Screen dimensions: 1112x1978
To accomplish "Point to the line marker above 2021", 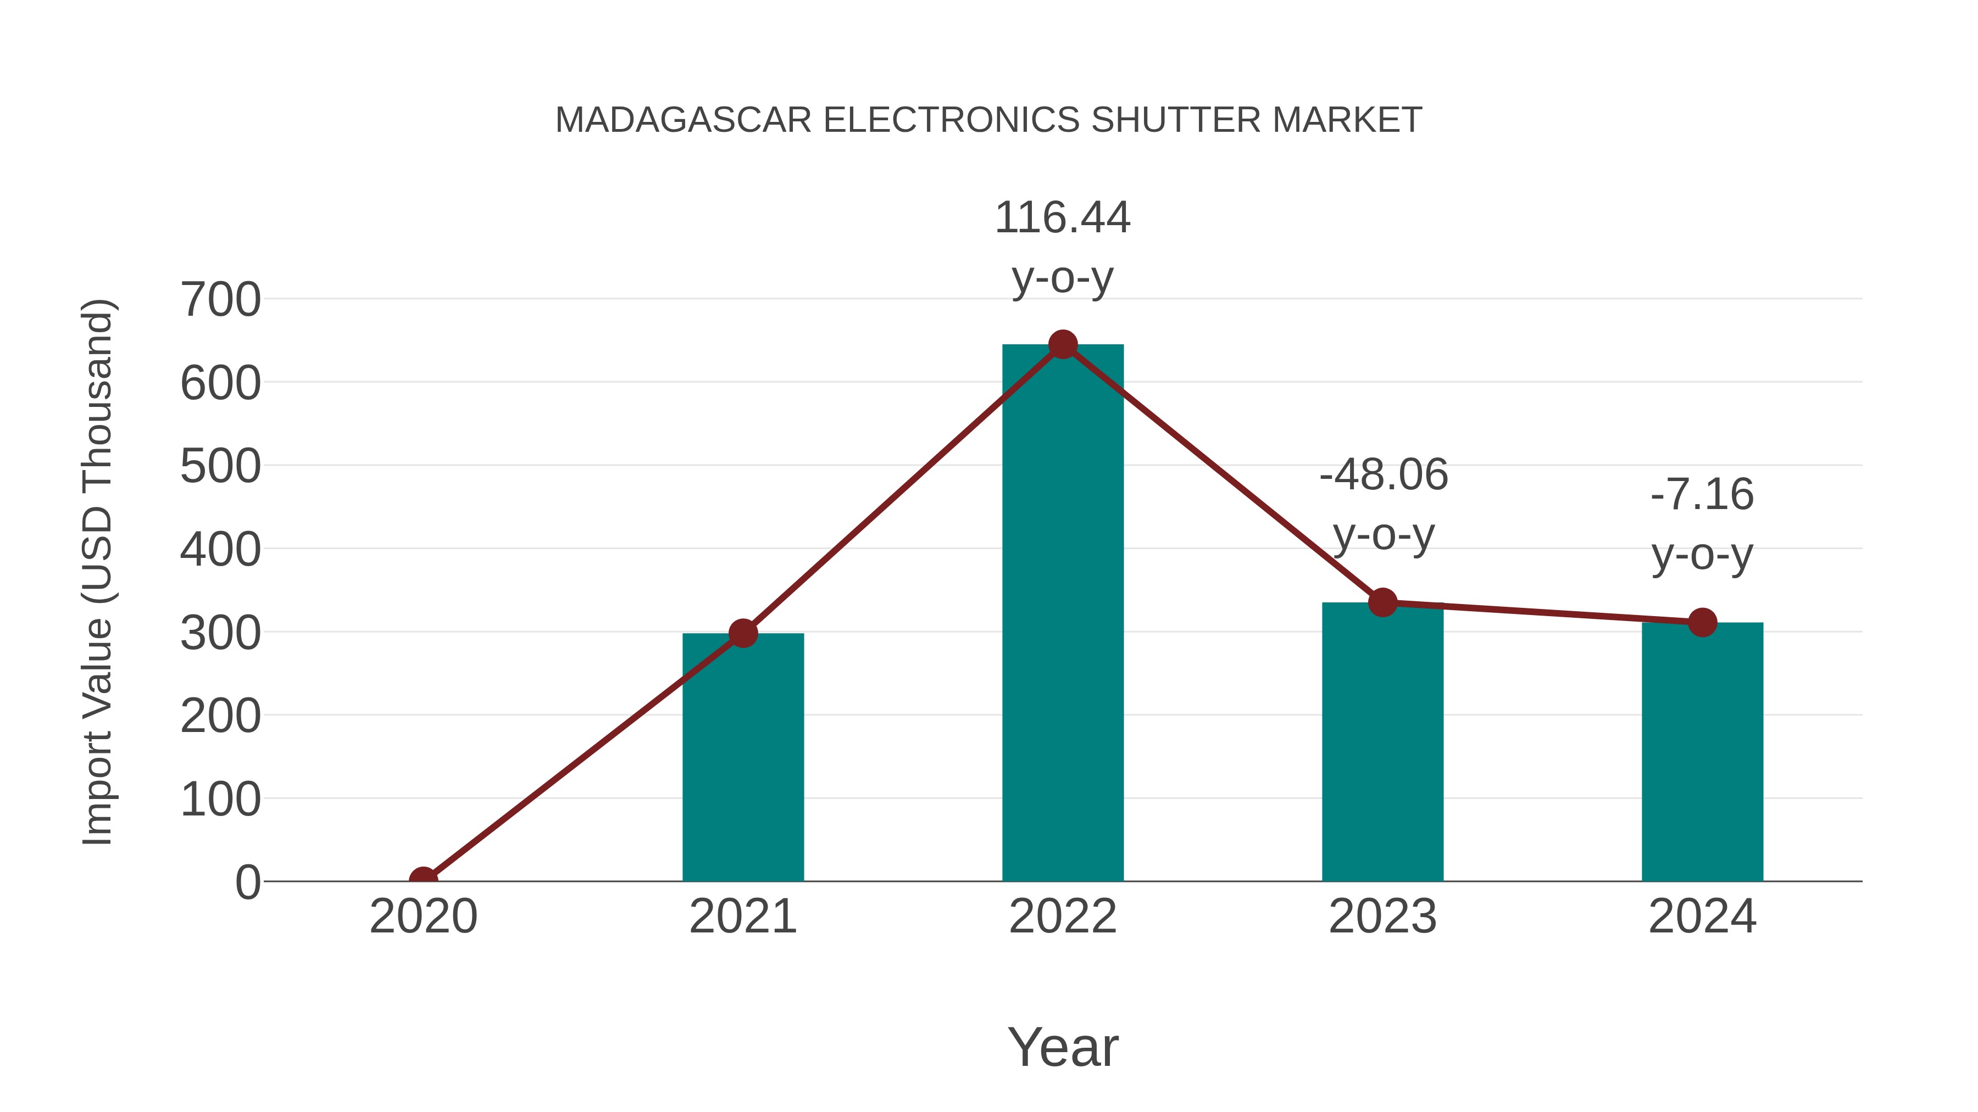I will pos(742,633).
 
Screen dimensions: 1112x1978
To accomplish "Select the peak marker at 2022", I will pos(1062,344).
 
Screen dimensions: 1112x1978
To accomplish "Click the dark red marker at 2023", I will pos(1382,602).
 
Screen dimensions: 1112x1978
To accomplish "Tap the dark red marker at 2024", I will pos(1702,622).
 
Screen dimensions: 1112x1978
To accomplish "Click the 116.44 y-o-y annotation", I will pos(1062,247).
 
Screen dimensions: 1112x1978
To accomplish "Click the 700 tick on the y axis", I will pos(221,299).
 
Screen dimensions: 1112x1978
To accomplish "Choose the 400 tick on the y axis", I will pos(221,550).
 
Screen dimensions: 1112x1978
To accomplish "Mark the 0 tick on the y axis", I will pos(248,882).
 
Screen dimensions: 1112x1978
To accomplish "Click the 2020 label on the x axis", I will pos(423,917).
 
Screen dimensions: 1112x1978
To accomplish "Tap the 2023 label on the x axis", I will pos(1382,917).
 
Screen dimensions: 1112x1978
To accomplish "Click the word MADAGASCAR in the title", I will pos(682,120).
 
